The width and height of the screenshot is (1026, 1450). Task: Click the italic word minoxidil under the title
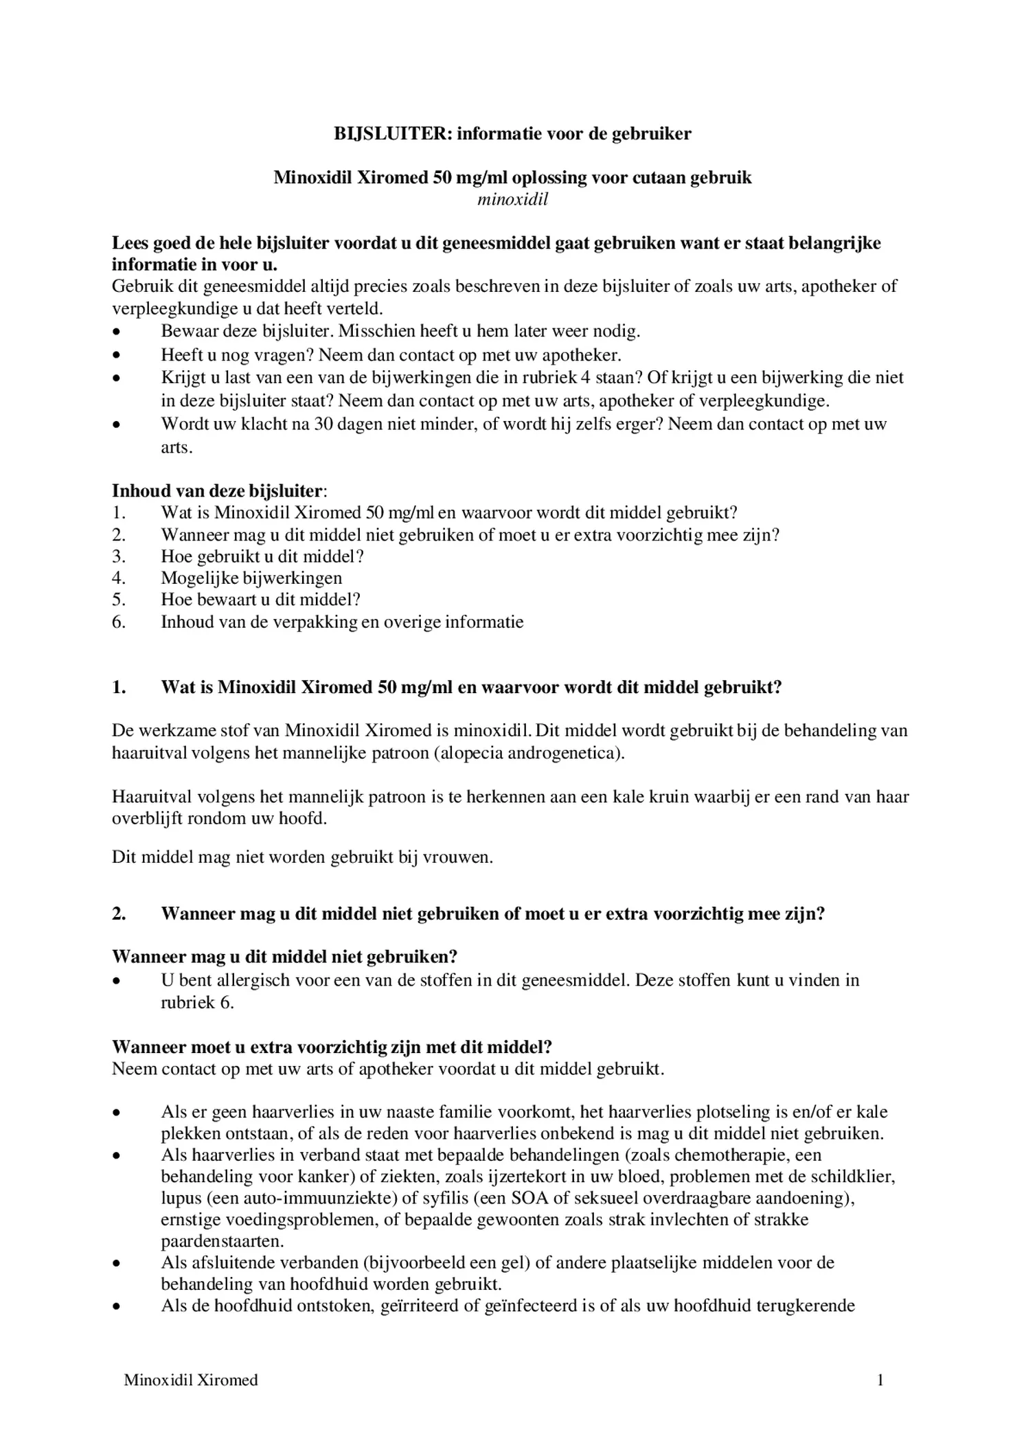(512, 200)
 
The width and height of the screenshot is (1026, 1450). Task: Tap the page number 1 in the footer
(880, 1380)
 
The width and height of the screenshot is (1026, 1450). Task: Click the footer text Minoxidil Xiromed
(191, 1380)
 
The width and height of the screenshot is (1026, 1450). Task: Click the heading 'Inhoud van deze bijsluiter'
(217, 491)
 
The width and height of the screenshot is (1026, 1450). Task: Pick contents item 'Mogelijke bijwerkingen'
(251, 578)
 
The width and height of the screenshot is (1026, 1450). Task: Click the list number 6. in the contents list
(119, 622)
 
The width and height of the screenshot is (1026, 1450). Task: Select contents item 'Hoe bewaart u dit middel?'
(260, 600)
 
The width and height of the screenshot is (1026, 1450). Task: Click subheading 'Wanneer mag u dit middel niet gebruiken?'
(284, 957)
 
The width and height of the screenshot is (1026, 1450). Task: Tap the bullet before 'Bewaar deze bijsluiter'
(117, 332)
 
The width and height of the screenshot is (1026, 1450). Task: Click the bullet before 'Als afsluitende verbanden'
(117, 1263)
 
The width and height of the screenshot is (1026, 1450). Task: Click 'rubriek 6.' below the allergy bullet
(197, 1002)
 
